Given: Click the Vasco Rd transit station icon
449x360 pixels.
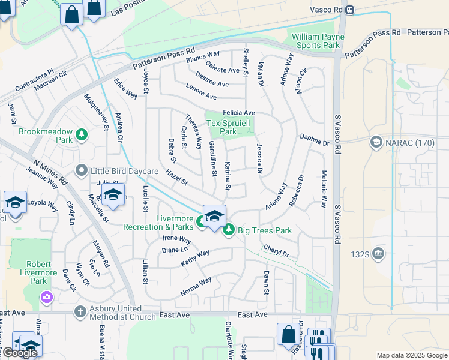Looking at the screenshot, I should [x=350, y=10].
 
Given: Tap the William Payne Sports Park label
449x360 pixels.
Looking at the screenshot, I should [x=318, y=41].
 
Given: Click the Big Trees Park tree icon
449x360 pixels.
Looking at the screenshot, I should [x=228, y=230].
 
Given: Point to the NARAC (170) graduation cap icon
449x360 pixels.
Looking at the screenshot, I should [x=376, y=142].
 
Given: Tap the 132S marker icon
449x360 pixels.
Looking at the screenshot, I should [x=378, y=253].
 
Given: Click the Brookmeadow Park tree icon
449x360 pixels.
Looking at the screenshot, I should [x=81, y=136].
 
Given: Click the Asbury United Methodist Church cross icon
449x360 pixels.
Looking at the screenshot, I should [x=80, y=311].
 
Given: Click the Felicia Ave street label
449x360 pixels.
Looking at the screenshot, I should [x=239, y=113].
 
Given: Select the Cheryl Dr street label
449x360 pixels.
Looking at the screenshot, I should [x=276, y=251].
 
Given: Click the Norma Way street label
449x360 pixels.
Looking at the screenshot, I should [x=196, y=286].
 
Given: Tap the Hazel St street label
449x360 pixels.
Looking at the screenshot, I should [x=176, y=177].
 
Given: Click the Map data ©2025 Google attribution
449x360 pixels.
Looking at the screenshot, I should [x=411, y=355].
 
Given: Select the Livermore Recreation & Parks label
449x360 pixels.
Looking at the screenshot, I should [x=158, y=223].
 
